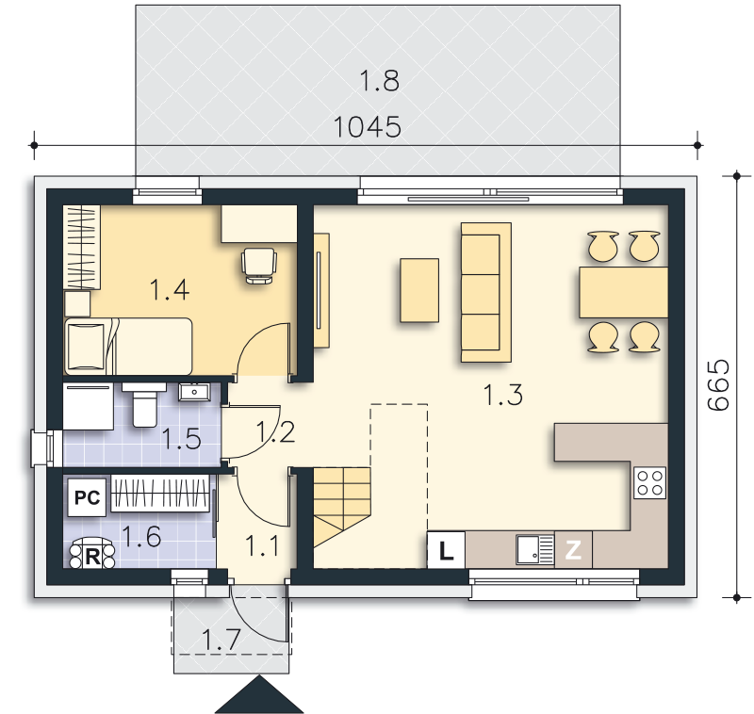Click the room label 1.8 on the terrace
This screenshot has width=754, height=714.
tap(380, 81)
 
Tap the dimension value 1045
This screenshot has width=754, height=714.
tap(367, 127)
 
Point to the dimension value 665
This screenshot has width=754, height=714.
tap(719, 385)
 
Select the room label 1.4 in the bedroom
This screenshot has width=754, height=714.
tap(170, 290)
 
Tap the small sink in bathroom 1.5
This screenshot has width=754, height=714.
tap(194, 392)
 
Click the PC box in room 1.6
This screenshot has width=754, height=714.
tap(87, 497)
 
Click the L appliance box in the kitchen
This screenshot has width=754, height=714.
tap(446, 550)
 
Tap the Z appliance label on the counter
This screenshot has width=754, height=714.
tap(573, 550)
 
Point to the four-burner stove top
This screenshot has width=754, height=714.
tap(649, 483)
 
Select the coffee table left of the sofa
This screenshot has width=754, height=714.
tap(419, 290)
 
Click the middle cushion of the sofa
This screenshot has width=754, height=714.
tap(480, 294)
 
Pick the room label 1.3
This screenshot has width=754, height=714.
tap(502, 395)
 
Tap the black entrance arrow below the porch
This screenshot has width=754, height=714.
tap(259, 694)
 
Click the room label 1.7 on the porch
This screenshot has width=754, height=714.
tap(221, 640)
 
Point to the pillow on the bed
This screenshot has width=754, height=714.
tap(87, 346)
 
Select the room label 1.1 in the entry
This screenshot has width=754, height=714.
tap(262, 545)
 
